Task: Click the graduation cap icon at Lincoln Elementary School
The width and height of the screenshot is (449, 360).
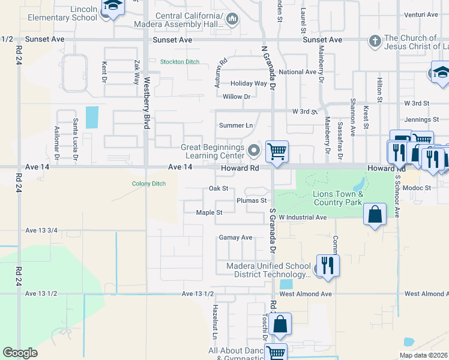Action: tap(111, 7)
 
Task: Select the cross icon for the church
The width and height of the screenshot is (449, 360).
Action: tap(375, 41)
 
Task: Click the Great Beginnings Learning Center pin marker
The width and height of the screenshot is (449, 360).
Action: tap(254, 150)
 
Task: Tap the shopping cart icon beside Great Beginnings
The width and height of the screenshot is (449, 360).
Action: tap(277, 151)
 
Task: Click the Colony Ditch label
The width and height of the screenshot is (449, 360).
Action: tap(149, 184)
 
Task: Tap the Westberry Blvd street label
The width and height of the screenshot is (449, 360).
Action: tap(146, 104)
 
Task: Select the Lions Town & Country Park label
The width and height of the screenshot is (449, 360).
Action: tap(338, 198)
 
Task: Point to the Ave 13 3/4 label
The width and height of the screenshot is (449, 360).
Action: tap(41, 230)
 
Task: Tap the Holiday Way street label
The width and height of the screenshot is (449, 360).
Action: tap(249, 84)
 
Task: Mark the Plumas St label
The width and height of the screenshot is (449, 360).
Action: tap(251, 200)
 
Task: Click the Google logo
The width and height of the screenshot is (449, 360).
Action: tap(20, 353)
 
